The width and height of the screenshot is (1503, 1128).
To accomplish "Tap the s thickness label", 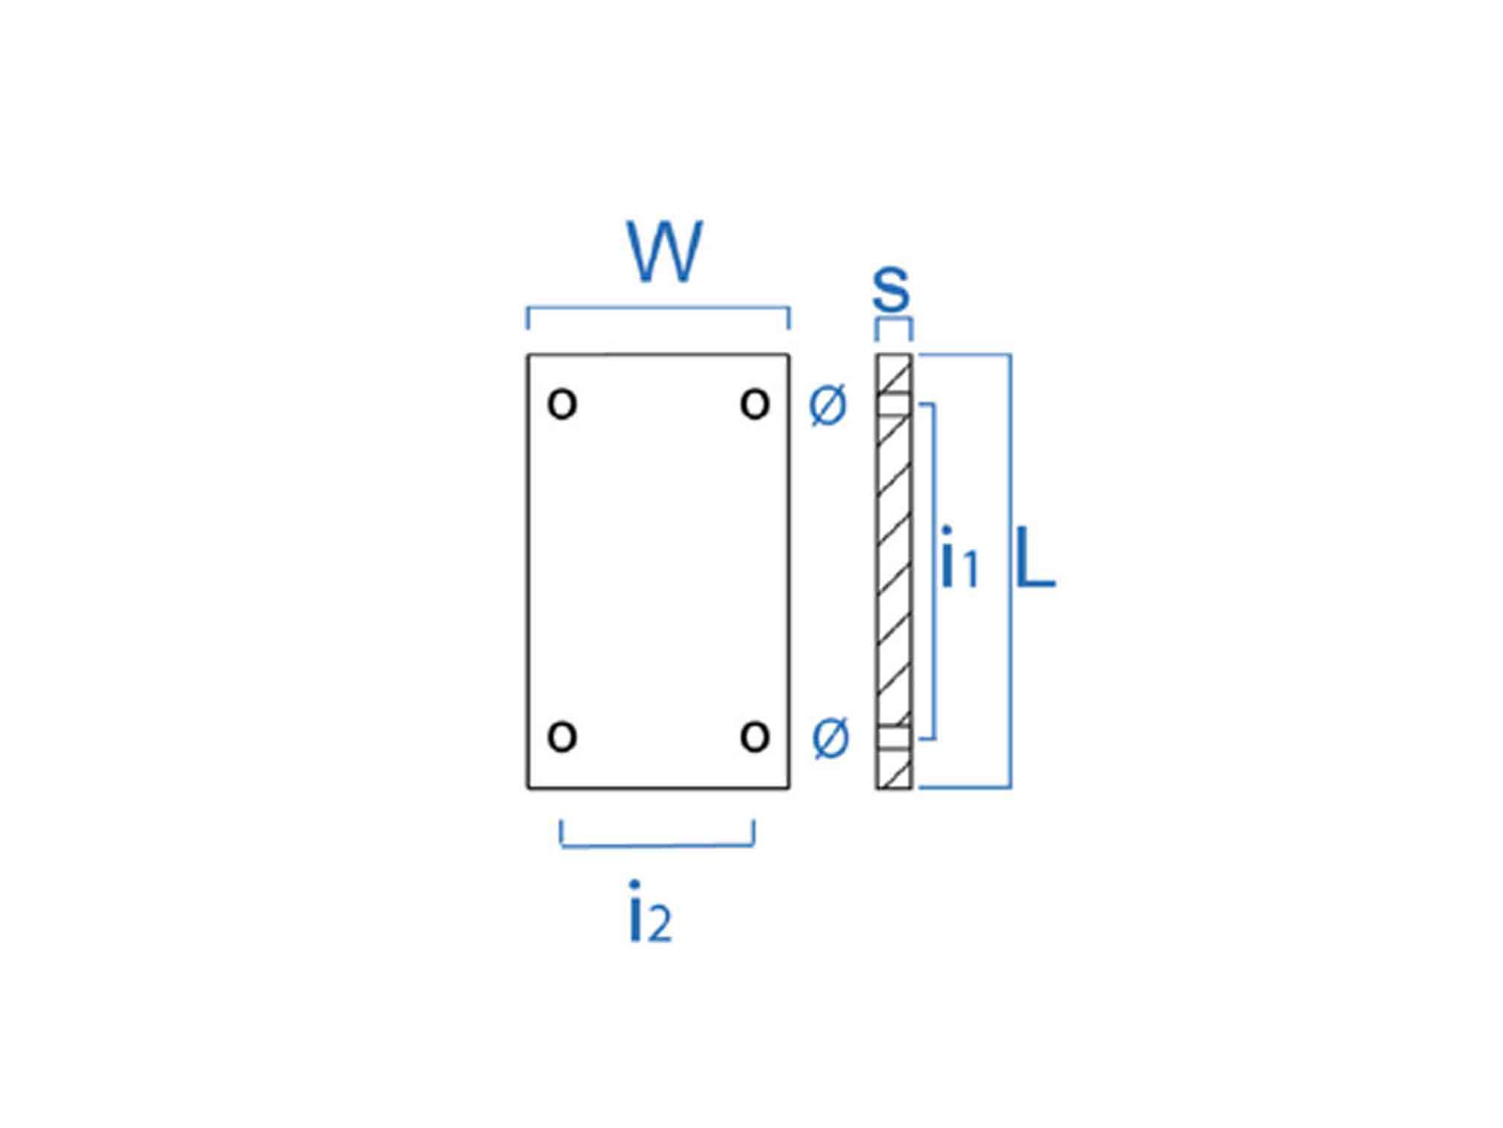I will [892, 288].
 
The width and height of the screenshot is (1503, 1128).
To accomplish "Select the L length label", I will [1035, 560].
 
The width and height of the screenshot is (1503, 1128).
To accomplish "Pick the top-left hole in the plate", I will [561, 404].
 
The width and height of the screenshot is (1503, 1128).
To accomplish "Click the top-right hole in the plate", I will [754, 404].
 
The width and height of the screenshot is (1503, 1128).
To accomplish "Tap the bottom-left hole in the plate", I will [561, 736].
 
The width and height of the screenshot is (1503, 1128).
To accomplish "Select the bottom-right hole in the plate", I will [754, 736].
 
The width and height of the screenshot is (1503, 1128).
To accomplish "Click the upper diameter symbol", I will [828, 405].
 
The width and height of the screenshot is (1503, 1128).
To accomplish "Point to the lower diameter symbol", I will [830, 738].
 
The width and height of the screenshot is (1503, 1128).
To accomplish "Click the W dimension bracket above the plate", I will [658, 307].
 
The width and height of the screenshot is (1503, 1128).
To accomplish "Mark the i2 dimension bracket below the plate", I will [657, 846].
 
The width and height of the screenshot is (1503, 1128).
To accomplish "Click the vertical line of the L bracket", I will [1010, 571].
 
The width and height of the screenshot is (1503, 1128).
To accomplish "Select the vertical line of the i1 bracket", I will [934, 571].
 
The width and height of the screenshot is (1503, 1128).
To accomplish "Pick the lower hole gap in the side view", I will [893, 738].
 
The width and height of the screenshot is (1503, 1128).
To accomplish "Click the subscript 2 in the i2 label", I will [660, 926].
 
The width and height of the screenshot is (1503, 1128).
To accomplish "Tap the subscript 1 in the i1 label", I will [968, 571].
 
